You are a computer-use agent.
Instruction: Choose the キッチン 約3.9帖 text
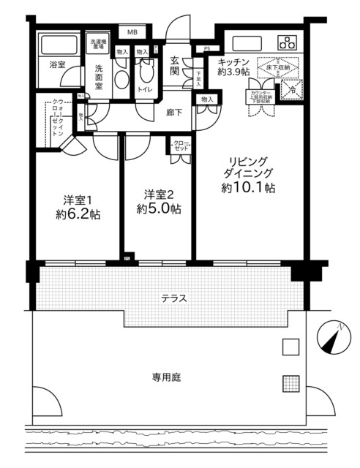[x=235, y=67]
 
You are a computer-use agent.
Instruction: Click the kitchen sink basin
[x=241, y=42]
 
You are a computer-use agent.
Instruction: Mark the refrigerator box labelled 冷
[x=291, y=91]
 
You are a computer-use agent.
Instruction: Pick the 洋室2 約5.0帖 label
[x=158, y=201]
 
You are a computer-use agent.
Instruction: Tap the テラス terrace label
[x=174, y=298]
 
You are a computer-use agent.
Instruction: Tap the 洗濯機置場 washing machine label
[x=97, y=43]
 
